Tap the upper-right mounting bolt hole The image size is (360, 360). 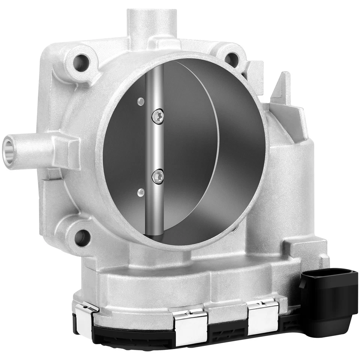[232, 59]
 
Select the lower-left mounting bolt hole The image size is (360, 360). [82, 237]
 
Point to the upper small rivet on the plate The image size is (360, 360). [141, 101]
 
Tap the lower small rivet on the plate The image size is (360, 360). [141, 192]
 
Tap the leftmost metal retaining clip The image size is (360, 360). [85, 313]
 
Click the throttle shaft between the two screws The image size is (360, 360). [157, 146]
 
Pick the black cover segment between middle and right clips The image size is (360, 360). [227, 330]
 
